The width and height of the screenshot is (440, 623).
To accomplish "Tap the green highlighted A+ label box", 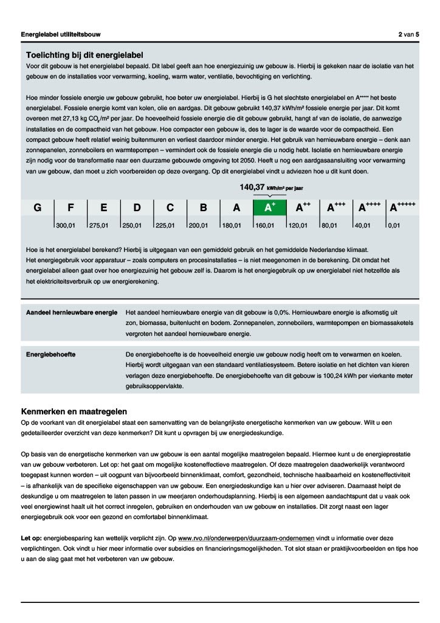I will tap(270, 207).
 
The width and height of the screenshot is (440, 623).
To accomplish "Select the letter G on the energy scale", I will tap(38, 207).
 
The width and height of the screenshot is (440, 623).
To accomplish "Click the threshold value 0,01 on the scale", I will tap(394, 225).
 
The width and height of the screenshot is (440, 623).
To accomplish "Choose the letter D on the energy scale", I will tap(137, 207).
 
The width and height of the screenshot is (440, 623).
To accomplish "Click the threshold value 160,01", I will tap(264, 225).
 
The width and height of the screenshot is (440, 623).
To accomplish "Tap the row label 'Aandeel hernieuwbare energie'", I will tap(72, 312).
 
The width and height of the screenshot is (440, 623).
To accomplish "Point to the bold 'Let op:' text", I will tap(32, 538).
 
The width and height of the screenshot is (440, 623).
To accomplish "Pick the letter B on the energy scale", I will tap(204, 207).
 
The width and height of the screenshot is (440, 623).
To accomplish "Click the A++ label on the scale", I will tap(303, 207).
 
